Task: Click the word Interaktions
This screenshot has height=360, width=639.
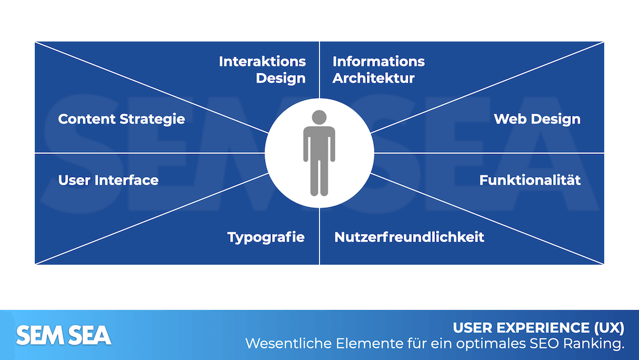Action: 262,62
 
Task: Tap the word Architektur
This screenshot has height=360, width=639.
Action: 373,78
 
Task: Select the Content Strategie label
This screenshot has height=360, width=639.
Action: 121,119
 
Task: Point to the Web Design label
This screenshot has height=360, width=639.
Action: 537,119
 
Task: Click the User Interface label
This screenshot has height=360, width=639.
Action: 108,180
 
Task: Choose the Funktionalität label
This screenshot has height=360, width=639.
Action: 530,180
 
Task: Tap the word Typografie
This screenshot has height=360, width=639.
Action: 266,237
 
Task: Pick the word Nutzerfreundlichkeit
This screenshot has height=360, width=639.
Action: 409,237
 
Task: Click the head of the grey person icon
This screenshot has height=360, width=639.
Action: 319,117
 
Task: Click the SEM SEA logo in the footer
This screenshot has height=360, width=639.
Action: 63,336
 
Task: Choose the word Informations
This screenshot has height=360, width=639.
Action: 378,62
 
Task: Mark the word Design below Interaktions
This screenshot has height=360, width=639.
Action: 280,78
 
